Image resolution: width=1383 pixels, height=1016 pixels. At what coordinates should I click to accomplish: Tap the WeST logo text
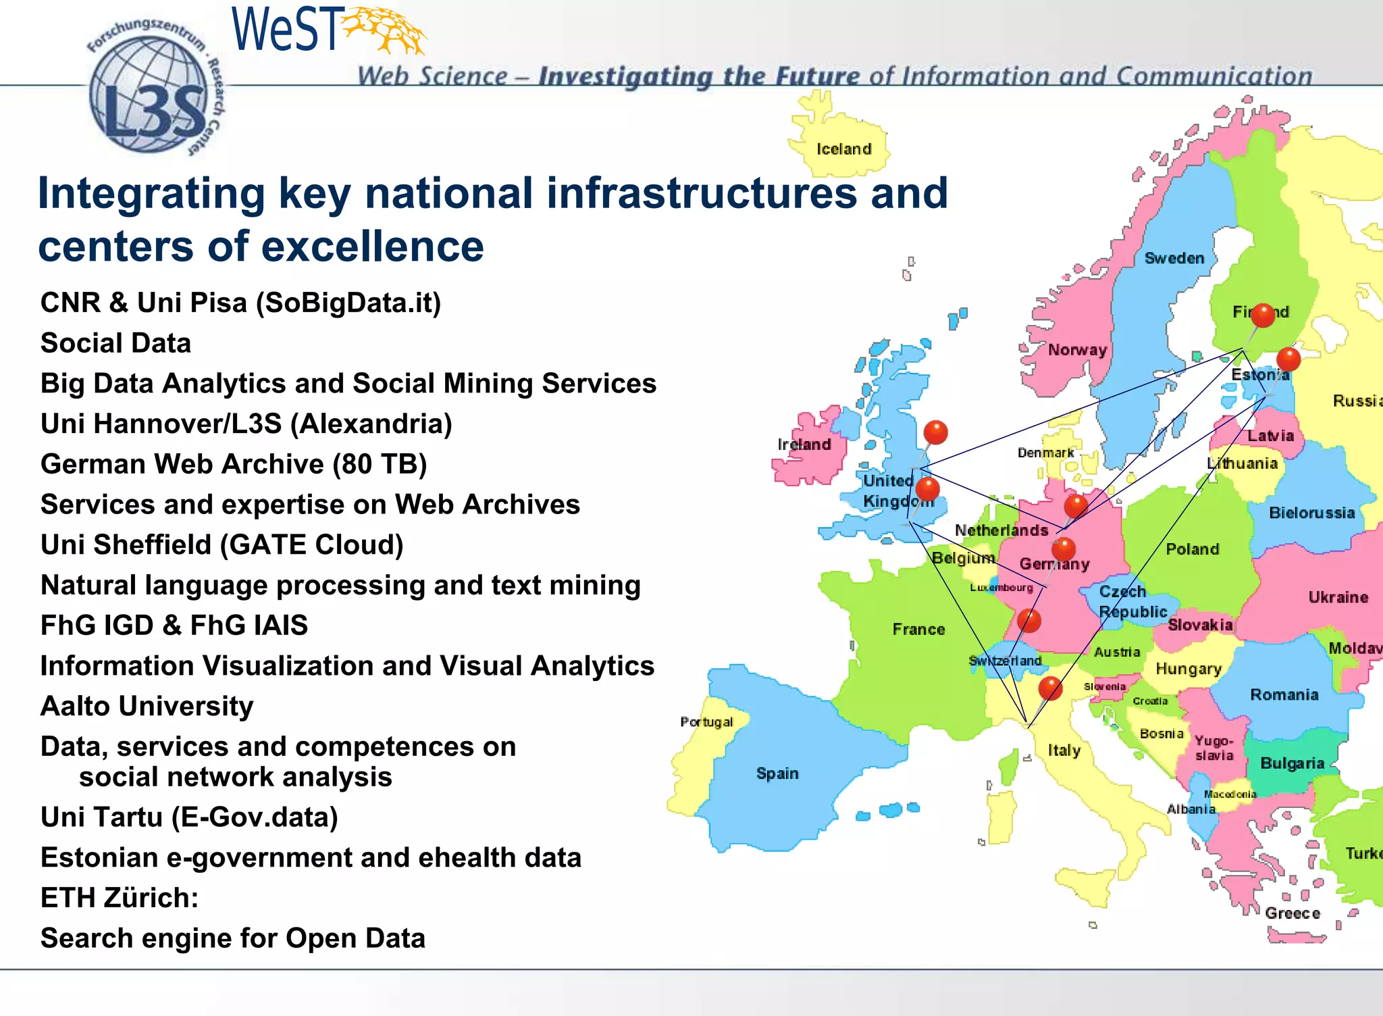(x=285, y=30)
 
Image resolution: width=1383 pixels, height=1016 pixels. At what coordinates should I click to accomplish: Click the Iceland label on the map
(x=843, y=149)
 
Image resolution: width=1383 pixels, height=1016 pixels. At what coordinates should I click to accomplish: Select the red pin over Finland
(x=1262, y=315)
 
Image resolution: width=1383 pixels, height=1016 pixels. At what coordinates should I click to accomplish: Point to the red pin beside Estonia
(x=1288, y=359)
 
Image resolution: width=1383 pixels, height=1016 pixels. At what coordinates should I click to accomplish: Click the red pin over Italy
(x=1050, y=688)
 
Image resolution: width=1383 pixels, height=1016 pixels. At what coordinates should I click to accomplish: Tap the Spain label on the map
(x=777, y=773)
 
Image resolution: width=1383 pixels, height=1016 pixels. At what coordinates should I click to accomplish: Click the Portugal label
(x=706, y=721)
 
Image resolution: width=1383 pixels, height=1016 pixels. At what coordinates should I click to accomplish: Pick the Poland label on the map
(x=1192, y=549)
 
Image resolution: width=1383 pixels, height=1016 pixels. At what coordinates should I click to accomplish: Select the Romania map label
(x=1284, y=695)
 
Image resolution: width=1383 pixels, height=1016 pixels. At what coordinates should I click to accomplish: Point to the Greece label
(x=1292, y=913)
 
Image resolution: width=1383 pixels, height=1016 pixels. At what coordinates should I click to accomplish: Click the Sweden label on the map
(x=1174, y=258)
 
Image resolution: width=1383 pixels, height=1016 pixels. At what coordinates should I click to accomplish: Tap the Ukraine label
(x=1338, y=597)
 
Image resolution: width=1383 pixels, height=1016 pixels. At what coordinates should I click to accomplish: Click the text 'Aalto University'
(x=147, y=707)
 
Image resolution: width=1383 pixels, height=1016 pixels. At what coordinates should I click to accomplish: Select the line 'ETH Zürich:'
(x=120, y=898)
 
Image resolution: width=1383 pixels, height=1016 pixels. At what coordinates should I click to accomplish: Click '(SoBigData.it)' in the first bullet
(x=348, y=303)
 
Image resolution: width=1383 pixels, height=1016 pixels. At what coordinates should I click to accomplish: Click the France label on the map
(x=918, y=630)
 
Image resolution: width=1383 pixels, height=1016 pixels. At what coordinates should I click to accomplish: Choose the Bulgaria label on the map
(x=1292, y=763)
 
